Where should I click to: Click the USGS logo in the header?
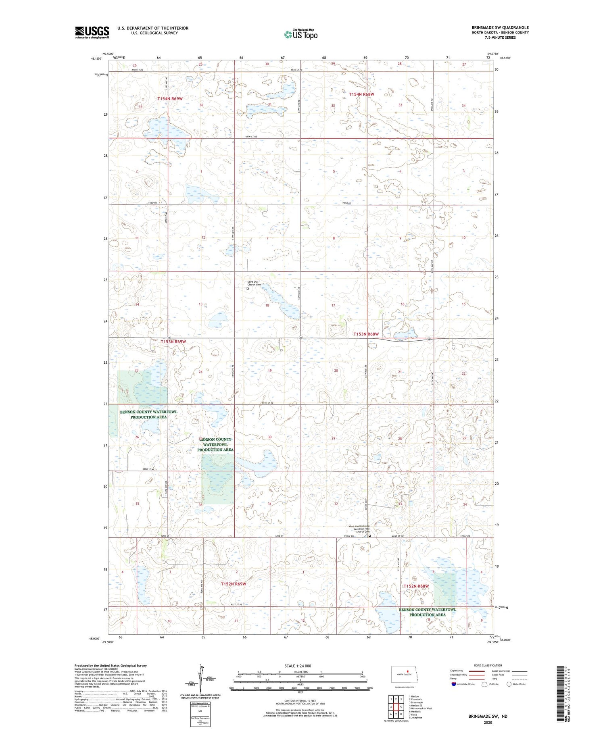tap(92, 32)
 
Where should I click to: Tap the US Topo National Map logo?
tap(300, 35)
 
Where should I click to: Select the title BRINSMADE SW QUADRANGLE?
tap(500, 28)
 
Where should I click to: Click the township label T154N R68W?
tap(361, 94)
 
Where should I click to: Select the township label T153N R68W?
tap(366, 334)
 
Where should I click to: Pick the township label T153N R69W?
tap(173, 342)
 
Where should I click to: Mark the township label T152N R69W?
tap(233, 584)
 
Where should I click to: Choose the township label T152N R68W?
tap(416, 586)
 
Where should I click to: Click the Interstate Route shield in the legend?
tap(454, 684)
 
